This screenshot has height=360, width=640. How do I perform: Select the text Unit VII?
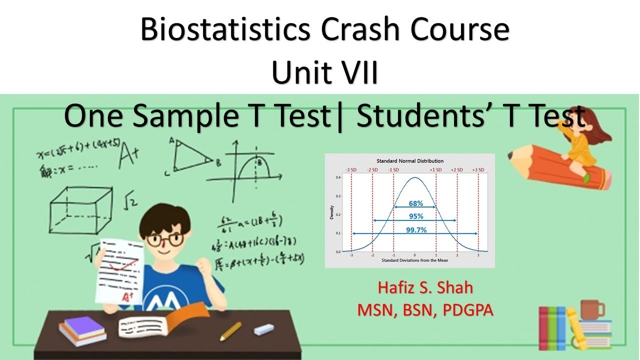(324, 72)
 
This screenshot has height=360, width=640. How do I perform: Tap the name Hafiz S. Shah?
(425, 288)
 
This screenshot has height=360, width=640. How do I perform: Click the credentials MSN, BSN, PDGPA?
(425, 310)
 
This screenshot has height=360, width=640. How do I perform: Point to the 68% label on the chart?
(415, 203)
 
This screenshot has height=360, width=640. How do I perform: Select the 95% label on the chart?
(415, 216)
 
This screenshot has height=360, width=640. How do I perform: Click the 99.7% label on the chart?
(415, 230)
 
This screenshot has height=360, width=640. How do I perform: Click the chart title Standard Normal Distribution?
(409, 161)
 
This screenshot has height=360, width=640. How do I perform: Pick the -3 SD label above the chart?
(351, 170)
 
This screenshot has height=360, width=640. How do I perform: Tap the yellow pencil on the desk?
(230, 331)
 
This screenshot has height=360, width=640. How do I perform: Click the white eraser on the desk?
(263, 329)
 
